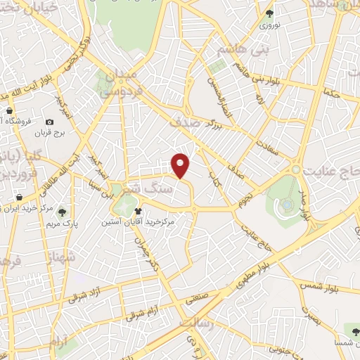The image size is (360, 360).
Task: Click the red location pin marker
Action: [x=181, y=165]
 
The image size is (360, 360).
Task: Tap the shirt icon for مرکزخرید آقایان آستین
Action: [x=139, y=210]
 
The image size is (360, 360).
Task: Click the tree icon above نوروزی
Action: [x=269, y=13]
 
